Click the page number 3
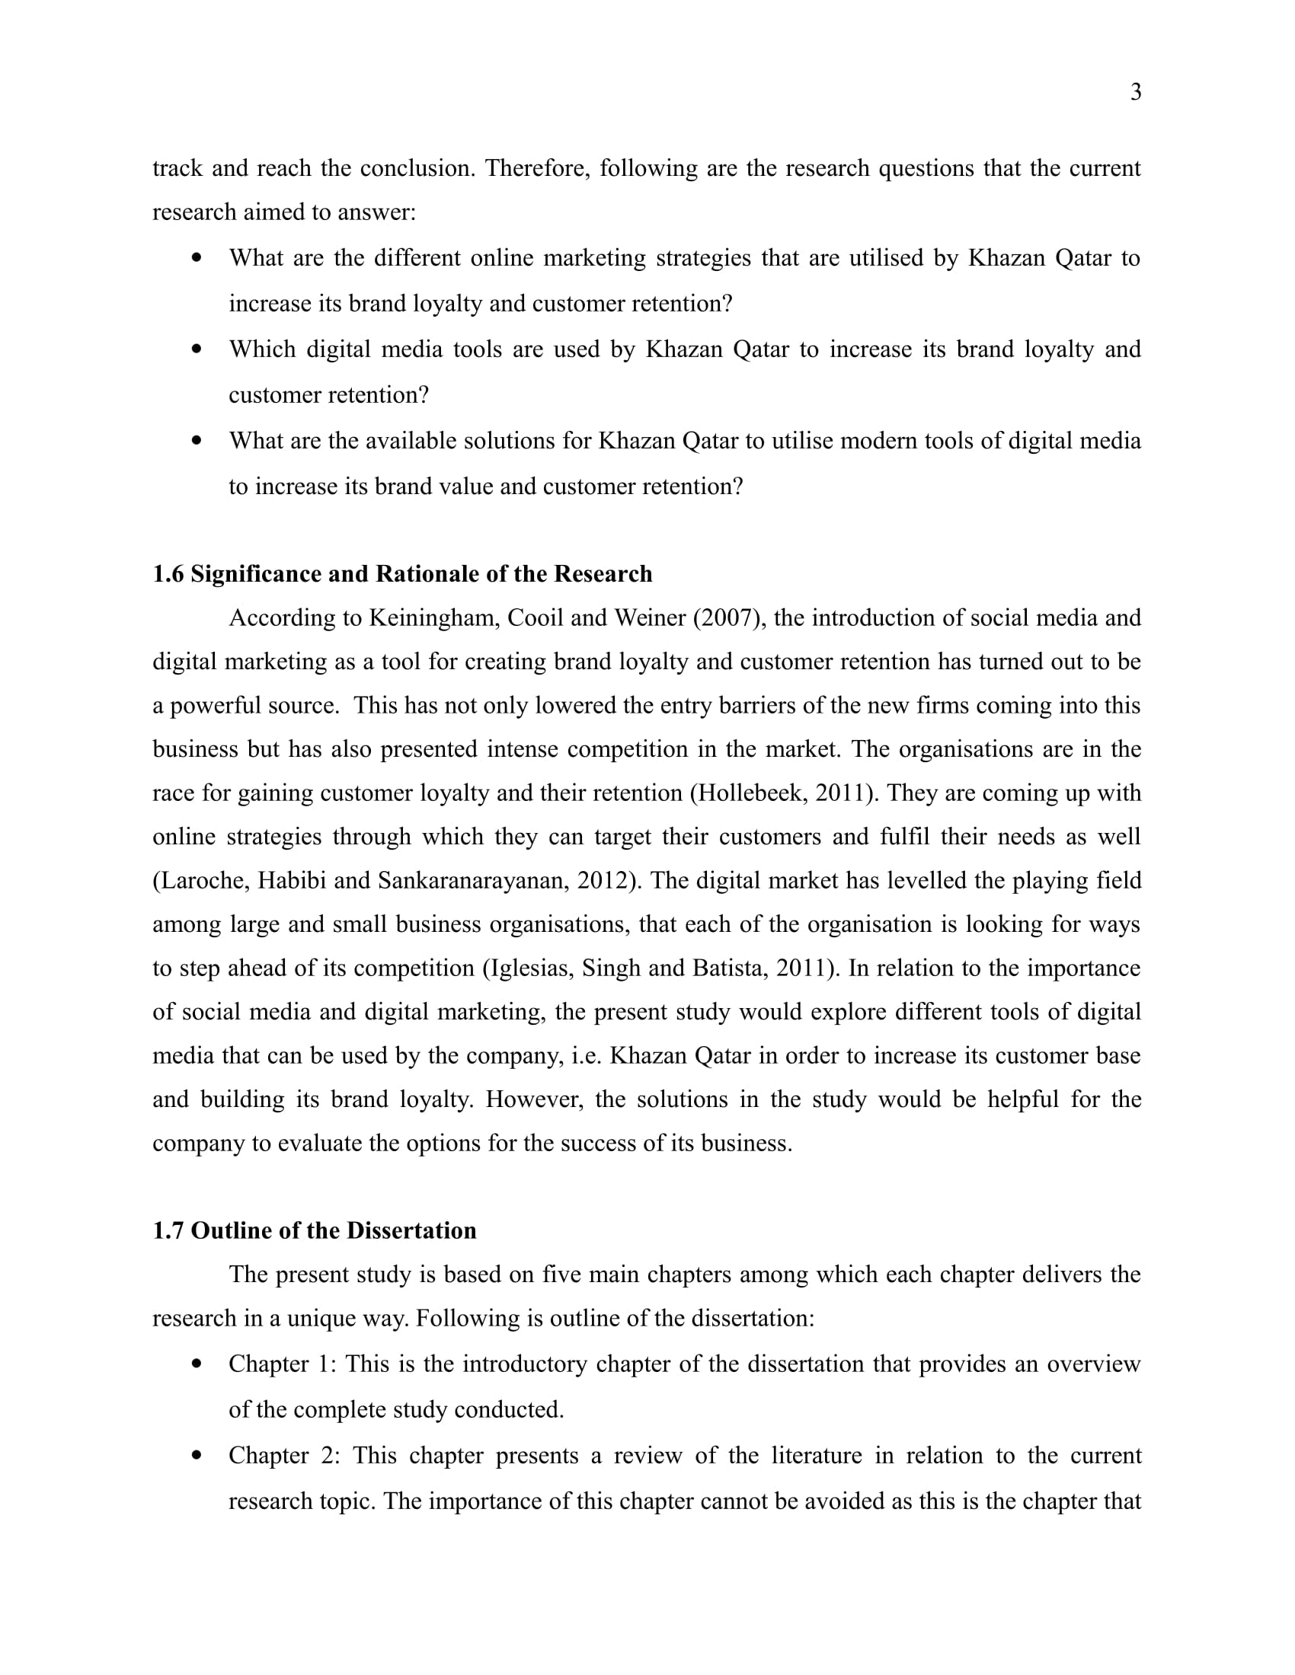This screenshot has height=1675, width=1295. [x=1136, y=92]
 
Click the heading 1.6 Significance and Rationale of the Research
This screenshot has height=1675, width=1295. [x=402, y=573]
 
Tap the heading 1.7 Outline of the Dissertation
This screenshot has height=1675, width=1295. [x=314, y=1230]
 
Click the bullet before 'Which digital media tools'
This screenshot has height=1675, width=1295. [x=197, y=349]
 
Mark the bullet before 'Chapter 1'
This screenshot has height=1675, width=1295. [x=197, y=1364]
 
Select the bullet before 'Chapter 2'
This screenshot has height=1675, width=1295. [x=197, y=1455]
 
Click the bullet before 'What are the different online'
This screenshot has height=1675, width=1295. [x=197, y=257]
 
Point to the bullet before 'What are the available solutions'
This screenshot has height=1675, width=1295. [x=197, y=440]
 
